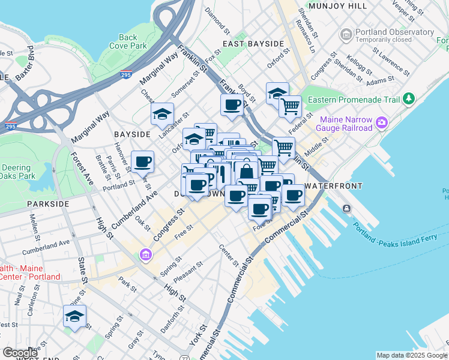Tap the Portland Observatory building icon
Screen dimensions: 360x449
(x=346, y=35)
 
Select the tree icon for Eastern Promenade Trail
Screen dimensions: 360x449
(x=409, y=97)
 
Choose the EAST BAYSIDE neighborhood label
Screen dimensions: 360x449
(x=253, y=44)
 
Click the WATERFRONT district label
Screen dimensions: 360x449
(x=333, y=186)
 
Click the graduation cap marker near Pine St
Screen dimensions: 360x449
(x=75, y=316)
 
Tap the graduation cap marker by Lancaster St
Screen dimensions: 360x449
(x=161, y=113)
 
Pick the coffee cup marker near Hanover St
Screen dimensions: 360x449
(x=142, y=161)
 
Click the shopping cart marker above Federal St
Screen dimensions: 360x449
(x=290, y=106)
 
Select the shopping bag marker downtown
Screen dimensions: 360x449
(x=246, y=171)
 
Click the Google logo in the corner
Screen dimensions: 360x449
(x=20, y=352)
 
